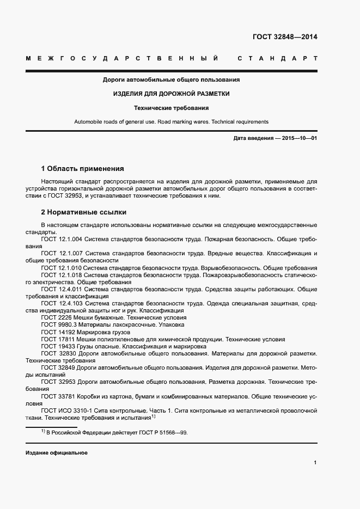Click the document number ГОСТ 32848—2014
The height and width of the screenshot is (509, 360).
284,38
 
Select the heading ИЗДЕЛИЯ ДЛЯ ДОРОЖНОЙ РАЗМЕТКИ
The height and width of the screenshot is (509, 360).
172,94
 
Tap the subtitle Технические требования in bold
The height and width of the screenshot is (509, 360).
172,108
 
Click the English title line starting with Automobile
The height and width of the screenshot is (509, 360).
172,122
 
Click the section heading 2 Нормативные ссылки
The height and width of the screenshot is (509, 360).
84,212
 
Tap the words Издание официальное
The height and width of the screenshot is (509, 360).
56,453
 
